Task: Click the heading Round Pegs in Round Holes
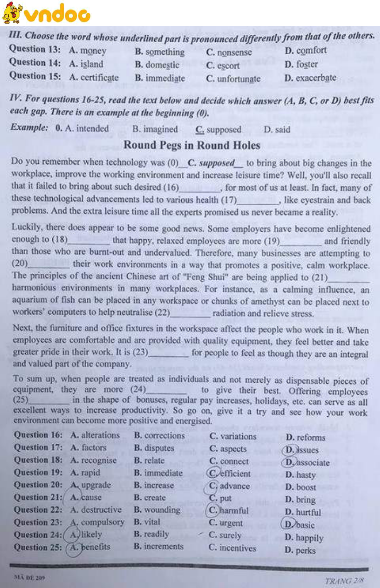pos(192,145)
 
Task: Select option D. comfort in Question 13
pos(306,51)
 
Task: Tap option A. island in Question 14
pos(86,64)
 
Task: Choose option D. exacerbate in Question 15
pos(310,78)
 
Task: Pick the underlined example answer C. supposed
pos(218,129)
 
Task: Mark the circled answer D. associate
pos(307,462)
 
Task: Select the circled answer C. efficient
pos(230,474)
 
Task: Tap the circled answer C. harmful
pos(229,510)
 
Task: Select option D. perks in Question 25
pos(300,551)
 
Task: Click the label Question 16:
pos(38,435)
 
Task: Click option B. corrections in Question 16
pos(159,435)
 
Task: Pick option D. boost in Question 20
pos(301,487)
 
